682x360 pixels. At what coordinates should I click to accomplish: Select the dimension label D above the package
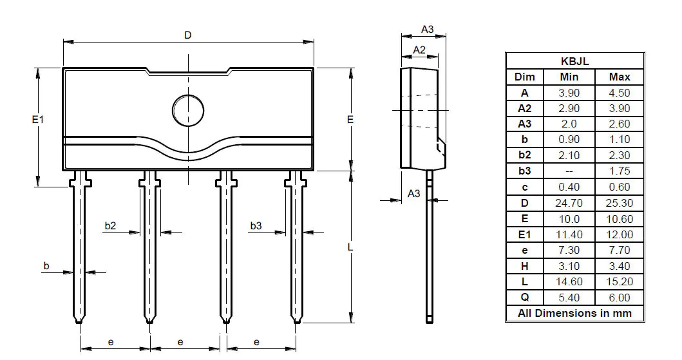pyautogui.click(x=187, y=35)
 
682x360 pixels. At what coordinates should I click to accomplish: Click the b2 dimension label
pyautogui.click(x=110, y=225)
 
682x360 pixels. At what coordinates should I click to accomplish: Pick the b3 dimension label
pyautogui.click(x=256, y=225)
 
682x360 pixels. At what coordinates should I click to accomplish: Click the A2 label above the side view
pyautogui.click(x=419, y=50)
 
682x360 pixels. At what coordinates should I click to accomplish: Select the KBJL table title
pyautogui.click(x=575, y=61)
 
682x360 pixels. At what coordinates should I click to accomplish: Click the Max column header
pyautogui.click(x=619, y=77)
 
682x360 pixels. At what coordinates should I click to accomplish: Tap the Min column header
pyautogui.click(x=569, y=77)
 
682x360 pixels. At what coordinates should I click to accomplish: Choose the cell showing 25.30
pyautogui.click(x=619, y=203)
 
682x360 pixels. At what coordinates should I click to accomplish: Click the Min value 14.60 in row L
pyautogui.click(x=569, y=281)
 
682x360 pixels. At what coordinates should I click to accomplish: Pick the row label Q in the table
pyautogui.click(x=524, y=298)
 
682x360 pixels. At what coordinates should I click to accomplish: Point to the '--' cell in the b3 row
pyautogui.click(x=569, y=171)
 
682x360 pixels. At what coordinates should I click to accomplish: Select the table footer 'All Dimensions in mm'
pyautogui.click(x=575, y=314)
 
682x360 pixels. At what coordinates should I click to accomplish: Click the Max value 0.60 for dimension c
pyautogui.click(x=619, y=187)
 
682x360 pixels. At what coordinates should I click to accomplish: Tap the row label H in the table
pyautogui.click(x=524, y=266)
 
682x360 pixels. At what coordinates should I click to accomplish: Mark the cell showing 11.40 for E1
pyautogui.click(x=569, y=234)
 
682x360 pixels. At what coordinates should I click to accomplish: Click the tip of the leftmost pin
pyautogui.click(x=80, y=320)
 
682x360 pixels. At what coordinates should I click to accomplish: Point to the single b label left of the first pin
pyautogui.click(x=46, y=265)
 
